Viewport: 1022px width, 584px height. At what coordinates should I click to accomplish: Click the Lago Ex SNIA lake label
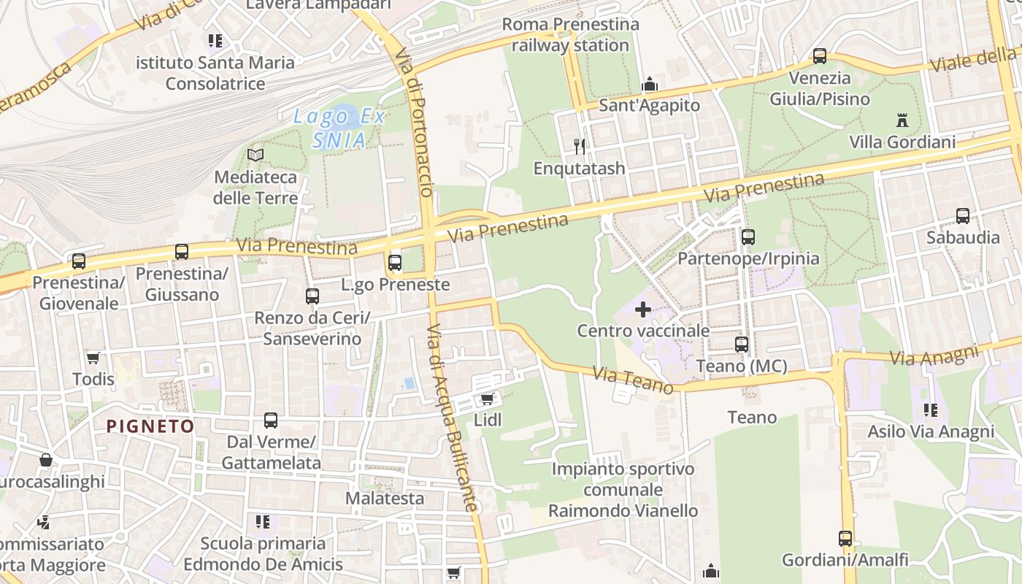pyautogui.click(x=339, y=128)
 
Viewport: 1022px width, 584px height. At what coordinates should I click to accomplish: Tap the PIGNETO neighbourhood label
pyautogui.click(x=150, y=426)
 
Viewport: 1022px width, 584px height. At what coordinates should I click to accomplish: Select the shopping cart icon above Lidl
pyautogui.click(x=487, y=399)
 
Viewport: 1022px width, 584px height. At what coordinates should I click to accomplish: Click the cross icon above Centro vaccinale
pyautogui.click(x=643, y=310)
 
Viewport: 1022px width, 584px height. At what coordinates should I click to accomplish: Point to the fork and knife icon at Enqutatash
pyautogui.click(x=580, y=147)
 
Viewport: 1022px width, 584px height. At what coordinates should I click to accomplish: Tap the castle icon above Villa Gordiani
pyautogui.click(x=902, y=120)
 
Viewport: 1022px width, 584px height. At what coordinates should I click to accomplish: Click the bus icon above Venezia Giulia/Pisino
pyautogui.click(x=820, y=56)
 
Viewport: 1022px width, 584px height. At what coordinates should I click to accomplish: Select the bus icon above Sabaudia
pyautogui.click(x=963, y=216)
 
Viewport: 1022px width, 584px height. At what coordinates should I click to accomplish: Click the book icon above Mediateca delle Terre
pyautogui.click(x=255, y=155)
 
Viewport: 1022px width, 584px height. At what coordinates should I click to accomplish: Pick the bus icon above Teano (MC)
pyautogui.click(x=742, y=344)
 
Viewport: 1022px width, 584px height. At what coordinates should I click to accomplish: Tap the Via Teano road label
pyautogui.click(x=633, y=380)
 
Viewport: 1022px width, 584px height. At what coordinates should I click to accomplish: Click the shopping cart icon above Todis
pyautogui.click(x=93, y=358)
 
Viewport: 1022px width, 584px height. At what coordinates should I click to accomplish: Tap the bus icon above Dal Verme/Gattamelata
pyautogui.click(x=271, y=420)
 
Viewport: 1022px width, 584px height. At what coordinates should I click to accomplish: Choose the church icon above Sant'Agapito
pyautogui.click(x=649, y=85)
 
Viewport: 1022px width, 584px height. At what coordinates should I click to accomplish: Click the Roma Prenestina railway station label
pyautogui.click(x=570, y=34)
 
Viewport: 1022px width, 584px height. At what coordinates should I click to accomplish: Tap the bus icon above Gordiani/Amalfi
pyautogui.click(x=845, y=539)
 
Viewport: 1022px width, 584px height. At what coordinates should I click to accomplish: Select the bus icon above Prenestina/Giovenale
pyautogui.click(x=78, y=261)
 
